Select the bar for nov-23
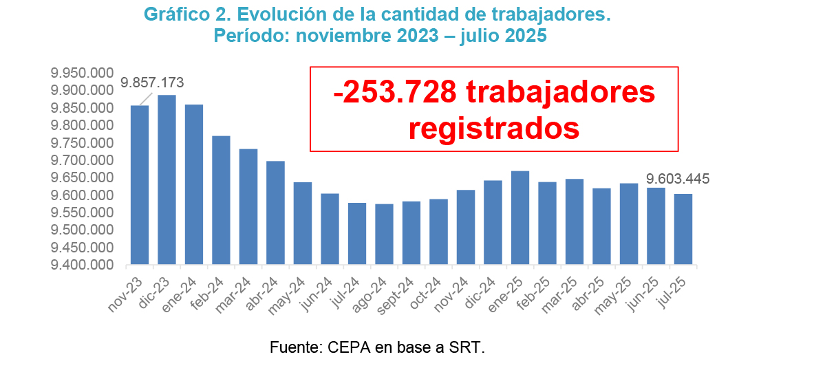[140, 185]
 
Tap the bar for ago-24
[385, 234]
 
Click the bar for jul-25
[683, 229]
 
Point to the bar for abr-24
[276, 213]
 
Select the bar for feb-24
[222, 200]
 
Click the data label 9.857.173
[152, 83]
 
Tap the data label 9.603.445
[678, 180]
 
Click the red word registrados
[494, 129]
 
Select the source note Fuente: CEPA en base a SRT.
[378, 347]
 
